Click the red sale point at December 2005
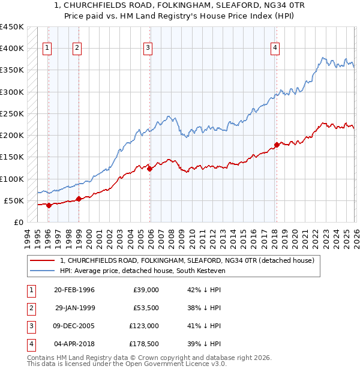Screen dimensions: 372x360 (x=150, y=169)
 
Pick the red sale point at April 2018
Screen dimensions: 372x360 (x=277, y=145)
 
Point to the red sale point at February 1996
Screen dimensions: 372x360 (x=49, y=205)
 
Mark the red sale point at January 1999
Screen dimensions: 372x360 (x=79, y=199)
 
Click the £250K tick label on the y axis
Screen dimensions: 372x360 (x=11, y=113)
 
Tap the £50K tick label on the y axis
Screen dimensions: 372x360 (x=14, y=200)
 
